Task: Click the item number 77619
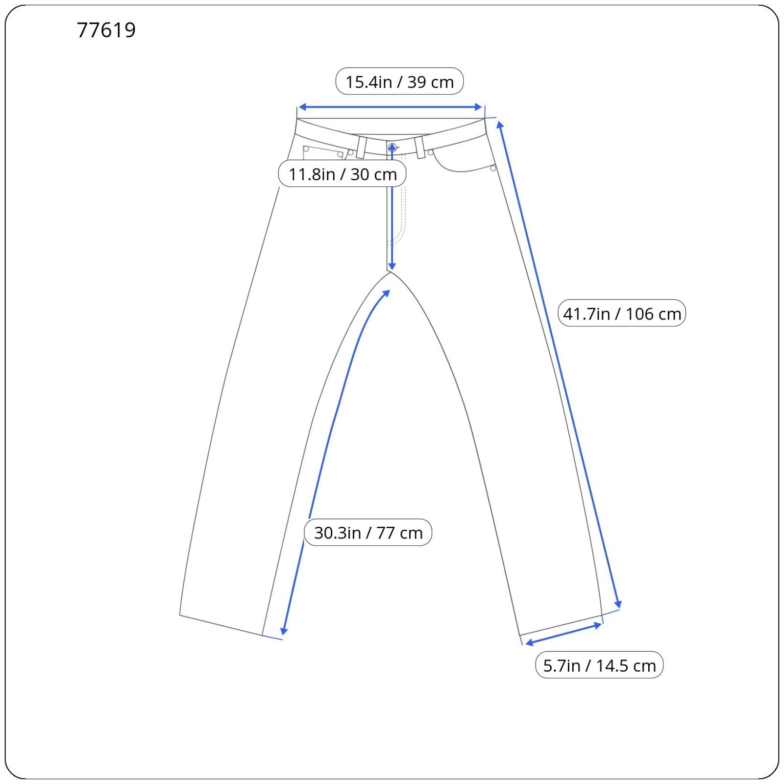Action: coord(106,30)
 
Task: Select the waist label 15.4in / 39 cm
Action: coord(399,82)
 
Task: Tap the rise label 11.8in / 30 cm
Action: coord(343,174)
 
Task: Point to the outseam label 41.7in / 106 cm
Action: coord(622,313)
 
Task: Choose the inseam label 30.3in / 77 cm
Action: coord(368,532)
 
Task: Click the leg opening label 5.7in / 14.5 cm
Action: coord(599,665)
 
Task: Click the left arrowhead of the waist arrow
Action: coord(302,107)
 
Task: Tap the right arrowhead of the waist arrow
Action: coord(479,107)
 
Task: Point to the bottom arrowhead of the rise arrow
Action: coord(392,266)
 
